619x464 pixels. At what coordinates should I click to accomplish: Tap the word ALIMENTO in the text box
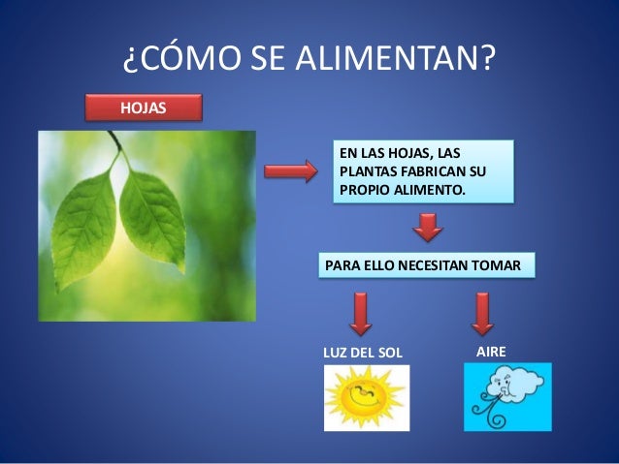[x=430, y=189]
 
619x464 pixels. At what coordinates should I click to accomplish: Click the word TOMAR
[x=499, y=265]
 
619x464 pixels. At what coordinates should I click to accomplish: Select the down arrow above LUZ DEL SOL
[x=360, y=313]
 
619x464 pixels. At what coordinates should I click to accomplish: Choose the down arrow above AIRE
[x=482, y=313]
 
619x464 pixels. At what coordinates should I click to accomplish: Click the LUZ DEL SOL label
[x=361, y=351]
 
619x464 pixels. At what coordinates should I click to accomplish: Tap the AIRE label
[x=491, y=349]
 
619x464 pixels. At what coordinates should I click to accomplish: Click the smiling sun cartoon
[x=365, y=398]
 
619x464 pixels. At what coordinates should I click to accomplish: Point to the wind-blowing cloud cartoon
[x=506, y=396]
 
